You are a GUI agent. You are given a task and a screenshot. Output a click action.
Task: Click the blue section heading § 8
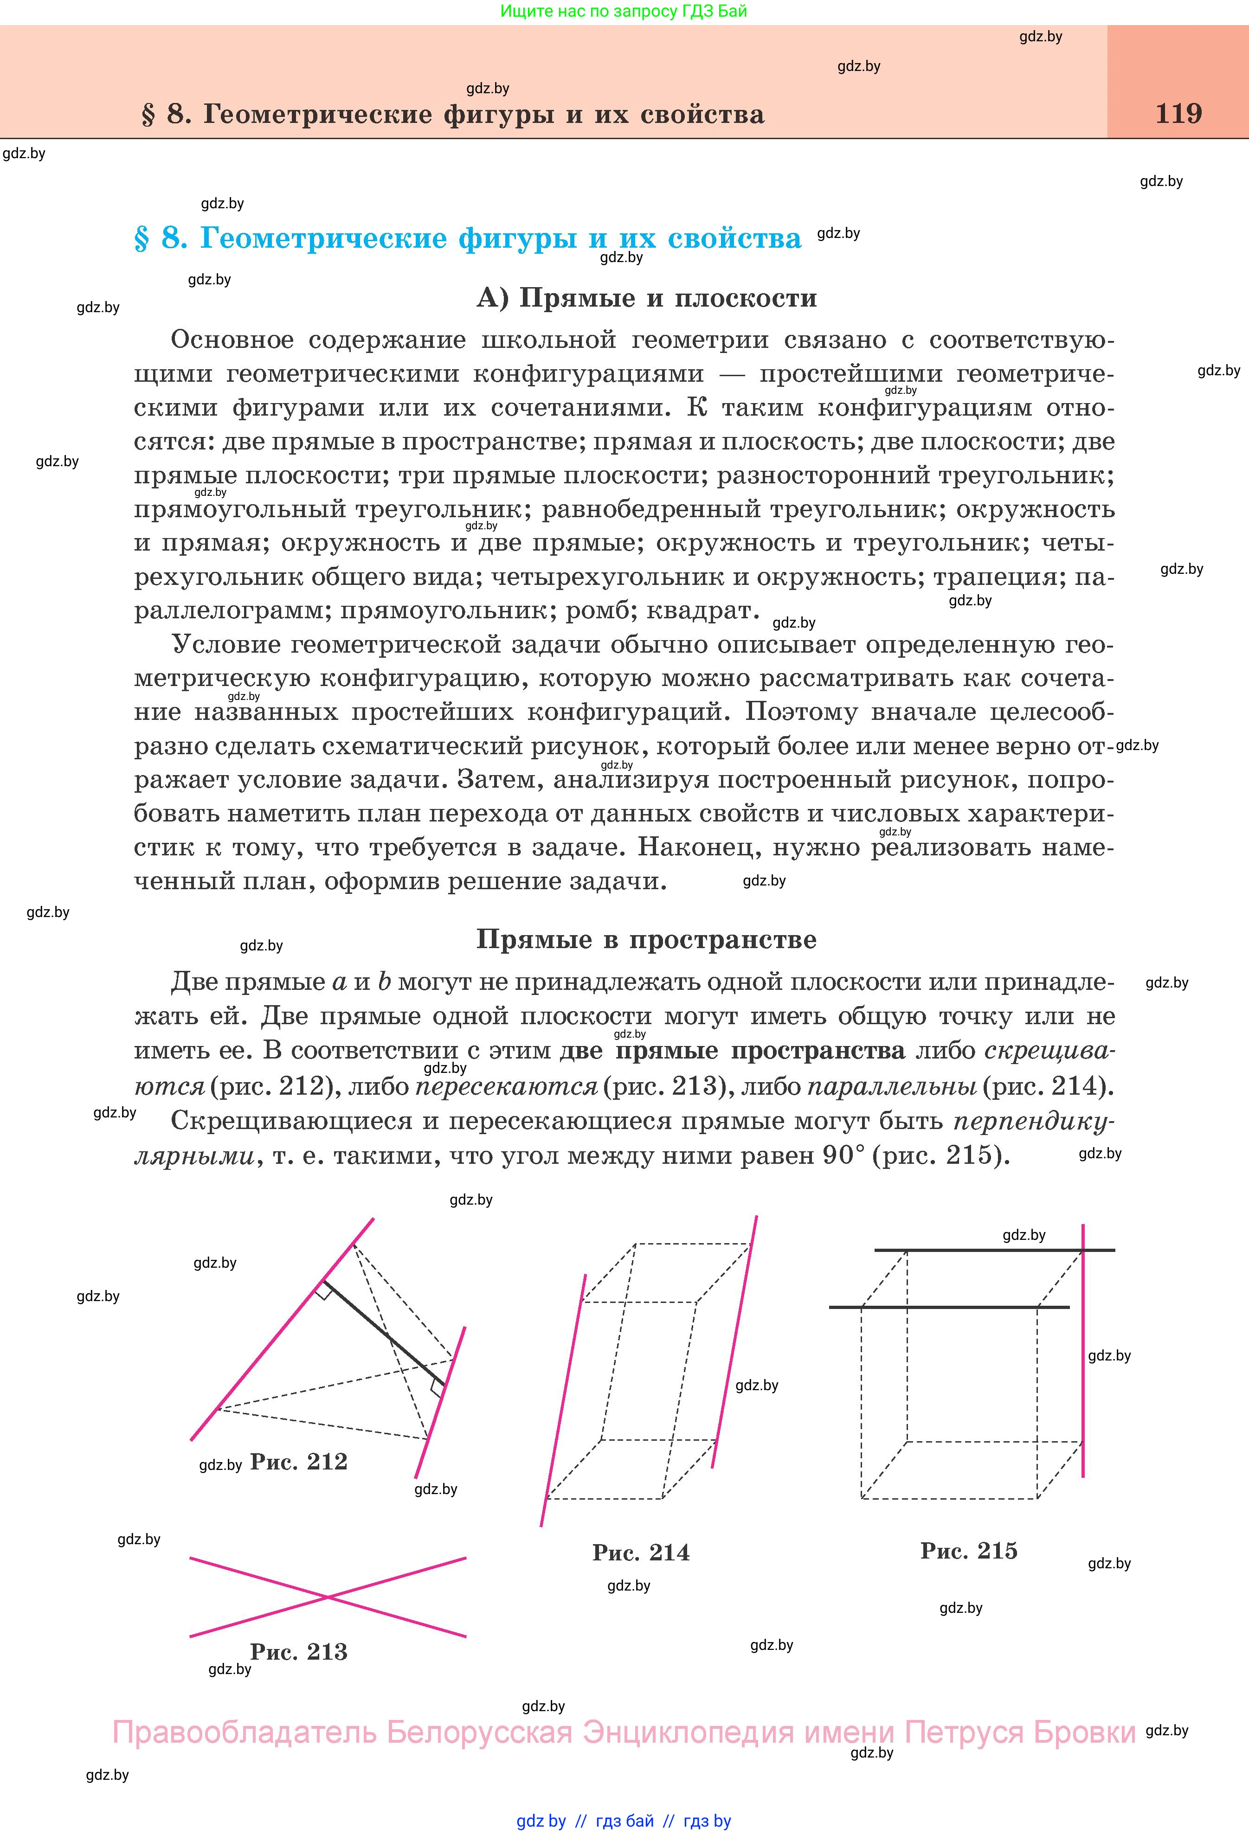(x=468, y=237)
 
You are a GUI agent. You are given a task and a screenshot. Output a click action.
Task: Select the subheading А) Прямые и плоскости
(x=646, y=298)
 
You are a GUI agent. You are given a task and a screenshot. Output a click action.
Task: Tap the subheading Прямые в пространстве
(x=646, y=940)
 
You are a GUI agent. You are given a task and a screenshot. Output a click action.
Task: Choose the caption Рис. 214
(x=641, y=1553)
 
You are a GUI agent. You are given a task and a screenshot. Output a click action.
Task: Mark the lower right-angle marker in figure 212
(x=437, y=1389)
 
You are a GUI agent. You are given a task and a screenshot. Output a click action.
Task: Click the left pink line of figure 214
(x=562, y=1401)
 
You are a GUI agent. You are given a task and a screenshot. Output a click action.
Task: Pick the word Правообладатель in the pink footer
(x=243, y=1732)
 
